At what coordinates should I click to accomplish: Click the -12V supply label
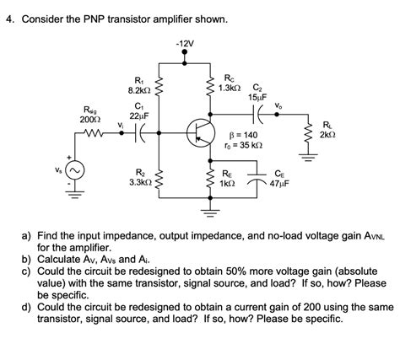(185, 43)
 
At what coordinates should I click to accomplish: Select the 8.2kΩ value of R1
(139, 89)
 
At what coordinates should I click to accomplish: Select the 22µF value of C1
(140, 116)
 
